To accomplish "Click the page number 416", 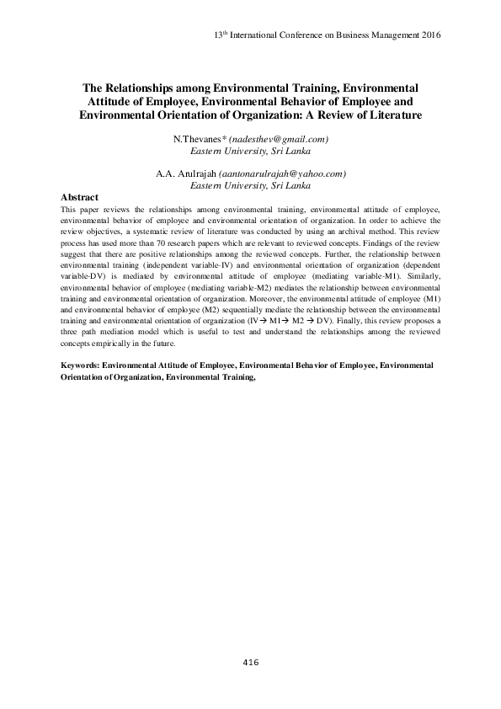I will click(250, 664).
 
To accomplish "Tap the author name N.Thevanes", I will click(197, 139).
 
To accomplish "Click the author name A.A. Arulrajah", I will click(185, 173).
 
